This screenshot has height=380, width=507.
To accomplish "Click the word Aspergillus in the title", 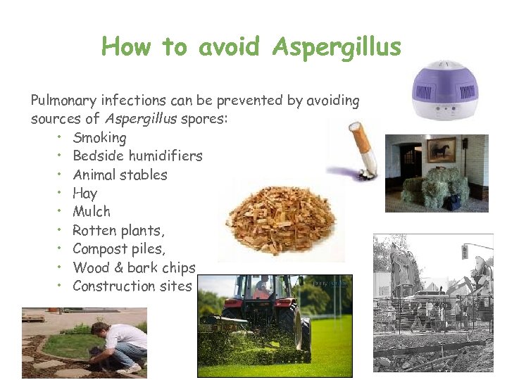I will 336,47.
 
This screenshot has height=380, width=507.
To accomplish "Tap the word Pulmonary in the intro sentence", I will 64,101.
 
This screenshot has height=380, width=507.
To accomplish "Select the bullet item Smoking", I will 99,137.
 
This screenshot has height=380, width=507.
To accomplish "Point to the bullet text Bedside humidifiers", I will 137,156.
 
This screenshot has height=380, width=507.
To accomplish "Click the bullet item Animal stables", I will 120,175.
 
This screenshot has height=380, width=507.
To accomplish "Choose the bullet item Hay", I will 84,193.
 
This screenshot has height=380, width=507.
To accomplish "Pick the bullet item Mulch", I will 92,211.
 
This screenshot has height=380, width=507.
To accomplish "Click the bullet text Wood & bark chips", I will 134,267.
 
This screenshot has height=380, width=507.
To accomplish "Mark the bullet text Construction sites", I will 132,286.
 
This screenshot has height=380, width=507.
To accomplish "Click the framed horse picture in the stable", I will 441,149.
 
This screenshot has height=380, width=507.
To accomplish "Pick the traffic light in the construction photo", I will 464,252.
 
